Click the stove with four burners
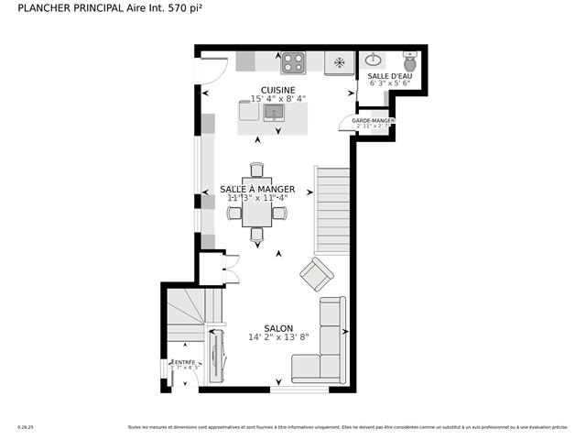[x=293, y=62]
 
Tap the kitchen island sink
[x=273, y=112]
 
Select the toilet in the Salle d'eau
[x=410, y=62]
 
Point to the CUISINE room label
[x=277, y=90]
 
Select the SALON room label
[x=278, y=328]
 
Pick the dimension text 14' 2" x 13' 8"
[x=278, y=337]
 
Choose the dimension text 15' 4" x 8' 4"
[x=277, y=99]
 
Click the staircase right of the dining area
[x=333, y=210]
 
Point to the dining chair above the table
[x=256, y=170]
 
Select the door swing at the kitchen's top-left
[x=213, y=70]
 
